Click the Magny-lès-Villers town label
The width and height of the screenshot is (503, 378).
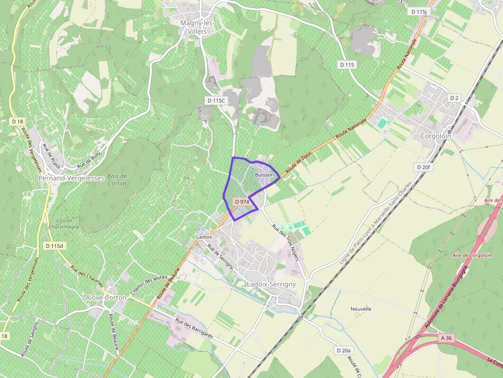tap(197, 27)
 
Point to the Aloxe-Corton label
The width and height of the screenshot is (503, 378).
tap(106, 297)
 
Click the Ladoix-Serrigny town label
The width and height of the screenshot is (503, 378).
tap(272, 284)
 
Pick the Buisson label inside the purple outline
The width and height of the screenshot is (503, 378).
tap(264, 175)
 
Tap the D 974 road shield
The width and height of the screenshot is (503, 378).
tap(242, 202)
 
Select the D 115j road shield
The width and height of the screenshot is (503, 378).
tap(419, 11)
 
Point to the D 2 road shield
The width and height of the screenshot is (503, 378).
tap(454, 97)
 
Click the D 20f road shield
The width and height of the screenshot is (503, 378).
tap(424, 167)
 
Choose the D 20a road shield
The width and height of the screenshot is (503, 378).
tap(343, 350)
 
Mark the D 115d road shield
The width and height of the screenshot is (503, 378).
tap(53, 246)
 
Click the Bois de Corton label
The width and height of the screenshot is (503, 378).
tap(118, 180)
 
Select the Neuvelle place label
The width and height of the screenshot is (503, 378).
tap(361, 309)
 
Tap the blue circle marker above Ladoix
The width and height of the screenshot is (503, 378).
tap(203, 229)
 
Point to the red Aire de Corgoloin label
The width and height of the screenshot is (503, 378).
tap(472, 255)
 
